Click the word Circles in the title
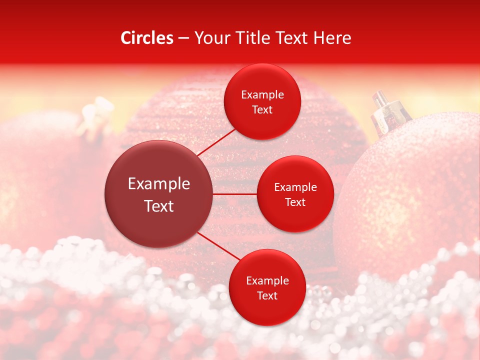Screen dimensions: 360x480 coord(146,38)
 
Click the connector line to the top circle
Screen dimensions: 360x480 coord(216,141)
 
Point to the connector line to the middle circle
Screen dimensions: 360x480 coord(234,194)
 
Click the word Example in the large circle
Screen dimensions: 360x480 coord(158,183)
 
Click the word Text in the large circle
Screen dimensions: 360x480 coord(158,206)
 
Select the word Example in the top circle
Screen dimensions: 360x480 coord(262,94)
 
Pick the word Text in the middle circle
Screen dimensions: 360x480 coord(295,202)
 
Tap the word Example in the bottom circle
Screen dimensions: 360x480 coord(267,280)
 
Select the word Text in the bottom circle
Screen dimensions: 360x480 coord(267,295)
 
